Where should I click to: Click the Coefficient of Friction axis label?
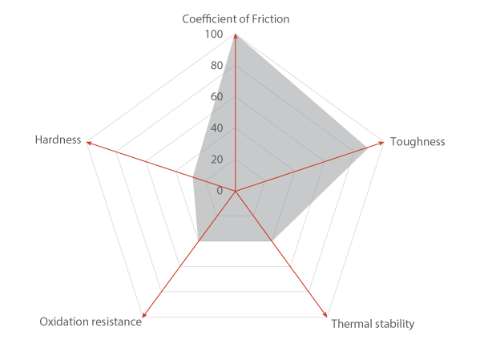tap(236, 19)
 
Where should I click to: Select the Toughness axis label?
tap(417, 142)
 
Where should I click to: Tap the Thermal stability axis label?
tap(373, 324)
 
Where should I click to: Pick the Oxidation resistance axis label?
tap(91, 322)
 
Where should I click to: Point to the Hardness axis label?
tap(58, 140)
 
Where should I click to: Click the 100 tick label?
tap(214, 34)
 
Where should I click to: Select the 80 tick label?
tap(216, 65)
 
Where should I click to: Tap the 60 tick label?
tap(216, 97)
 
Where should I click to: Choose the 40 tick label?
tap(216, 128)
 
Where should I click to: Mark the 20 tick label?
tap(216, 160)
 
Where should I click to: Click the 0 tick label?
tap(220, 191)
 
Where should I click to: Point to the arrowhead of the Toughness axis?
tap(381, 143)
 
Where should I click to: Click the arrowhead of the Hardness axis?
tap(89, 143)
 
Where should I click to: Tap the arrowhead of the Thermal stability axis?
tap(325, 314)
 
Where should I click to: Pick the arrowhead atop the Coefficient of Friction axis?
tap(235, 36)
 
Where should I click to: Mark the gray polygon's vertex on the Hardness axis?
tap(192, 176)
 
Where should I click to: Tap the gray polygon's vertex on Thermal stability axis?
tap(272, 241)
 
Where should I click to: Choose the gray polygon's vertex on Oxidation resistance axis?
tap(199, 241)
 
